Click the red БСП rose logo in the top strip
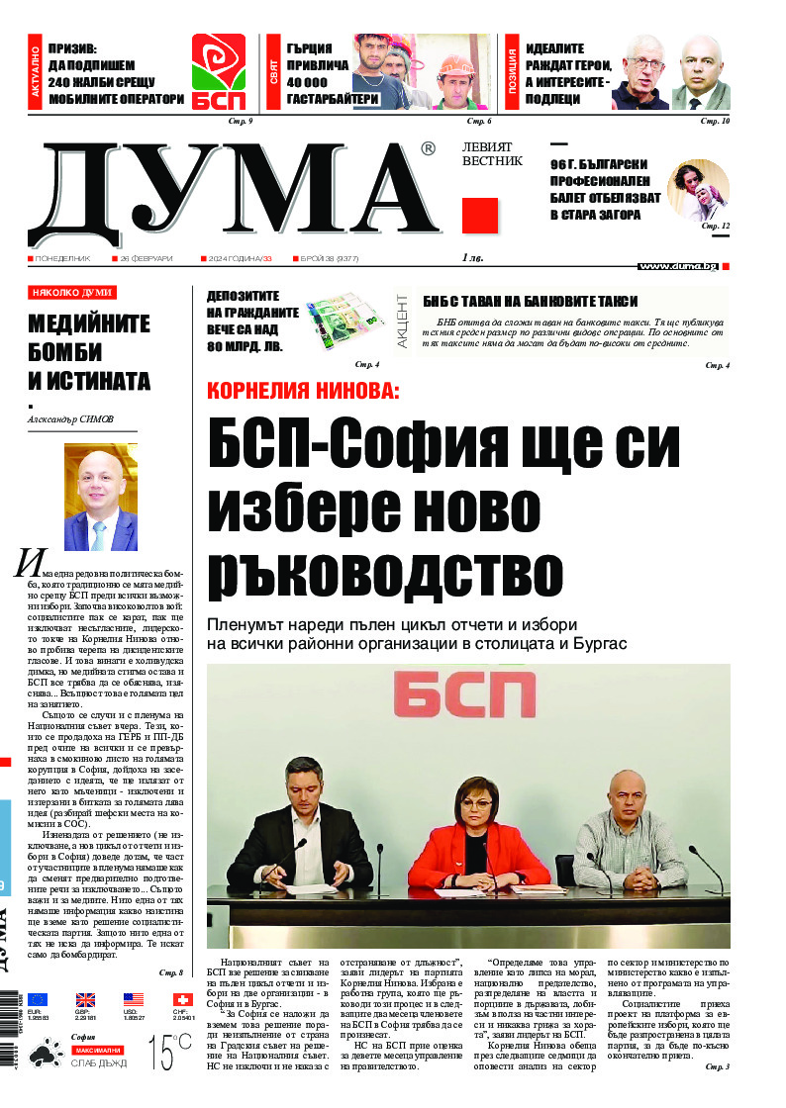point(219,72)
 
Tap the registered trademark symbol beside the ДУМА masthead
point(428,148)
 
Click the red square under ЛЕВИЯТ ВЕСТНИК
point(480,215)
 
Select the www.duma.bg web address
point(678,265)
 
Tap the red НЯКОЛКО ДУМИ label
point(72,293)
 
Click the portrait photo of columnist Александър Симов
point(101,496)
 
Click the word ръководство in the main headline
point(385,573)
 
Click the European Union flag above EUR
point(38,1000)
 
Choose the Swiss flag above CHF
point(181,1000)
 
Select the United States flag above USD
point(134,1000)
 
